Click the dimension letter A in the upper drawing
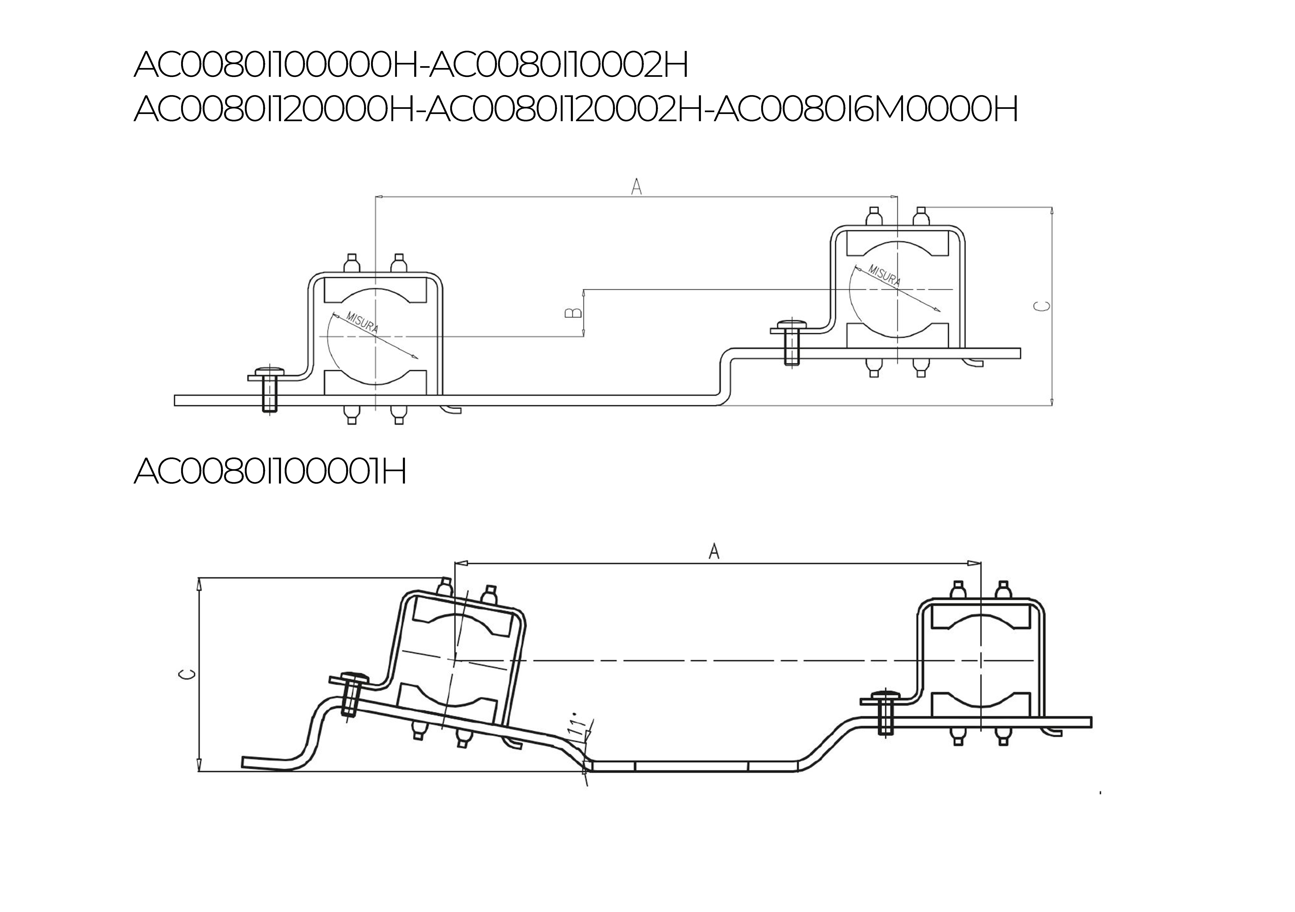coord(636,187)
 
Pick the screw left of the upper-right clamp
coord(791,343)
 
